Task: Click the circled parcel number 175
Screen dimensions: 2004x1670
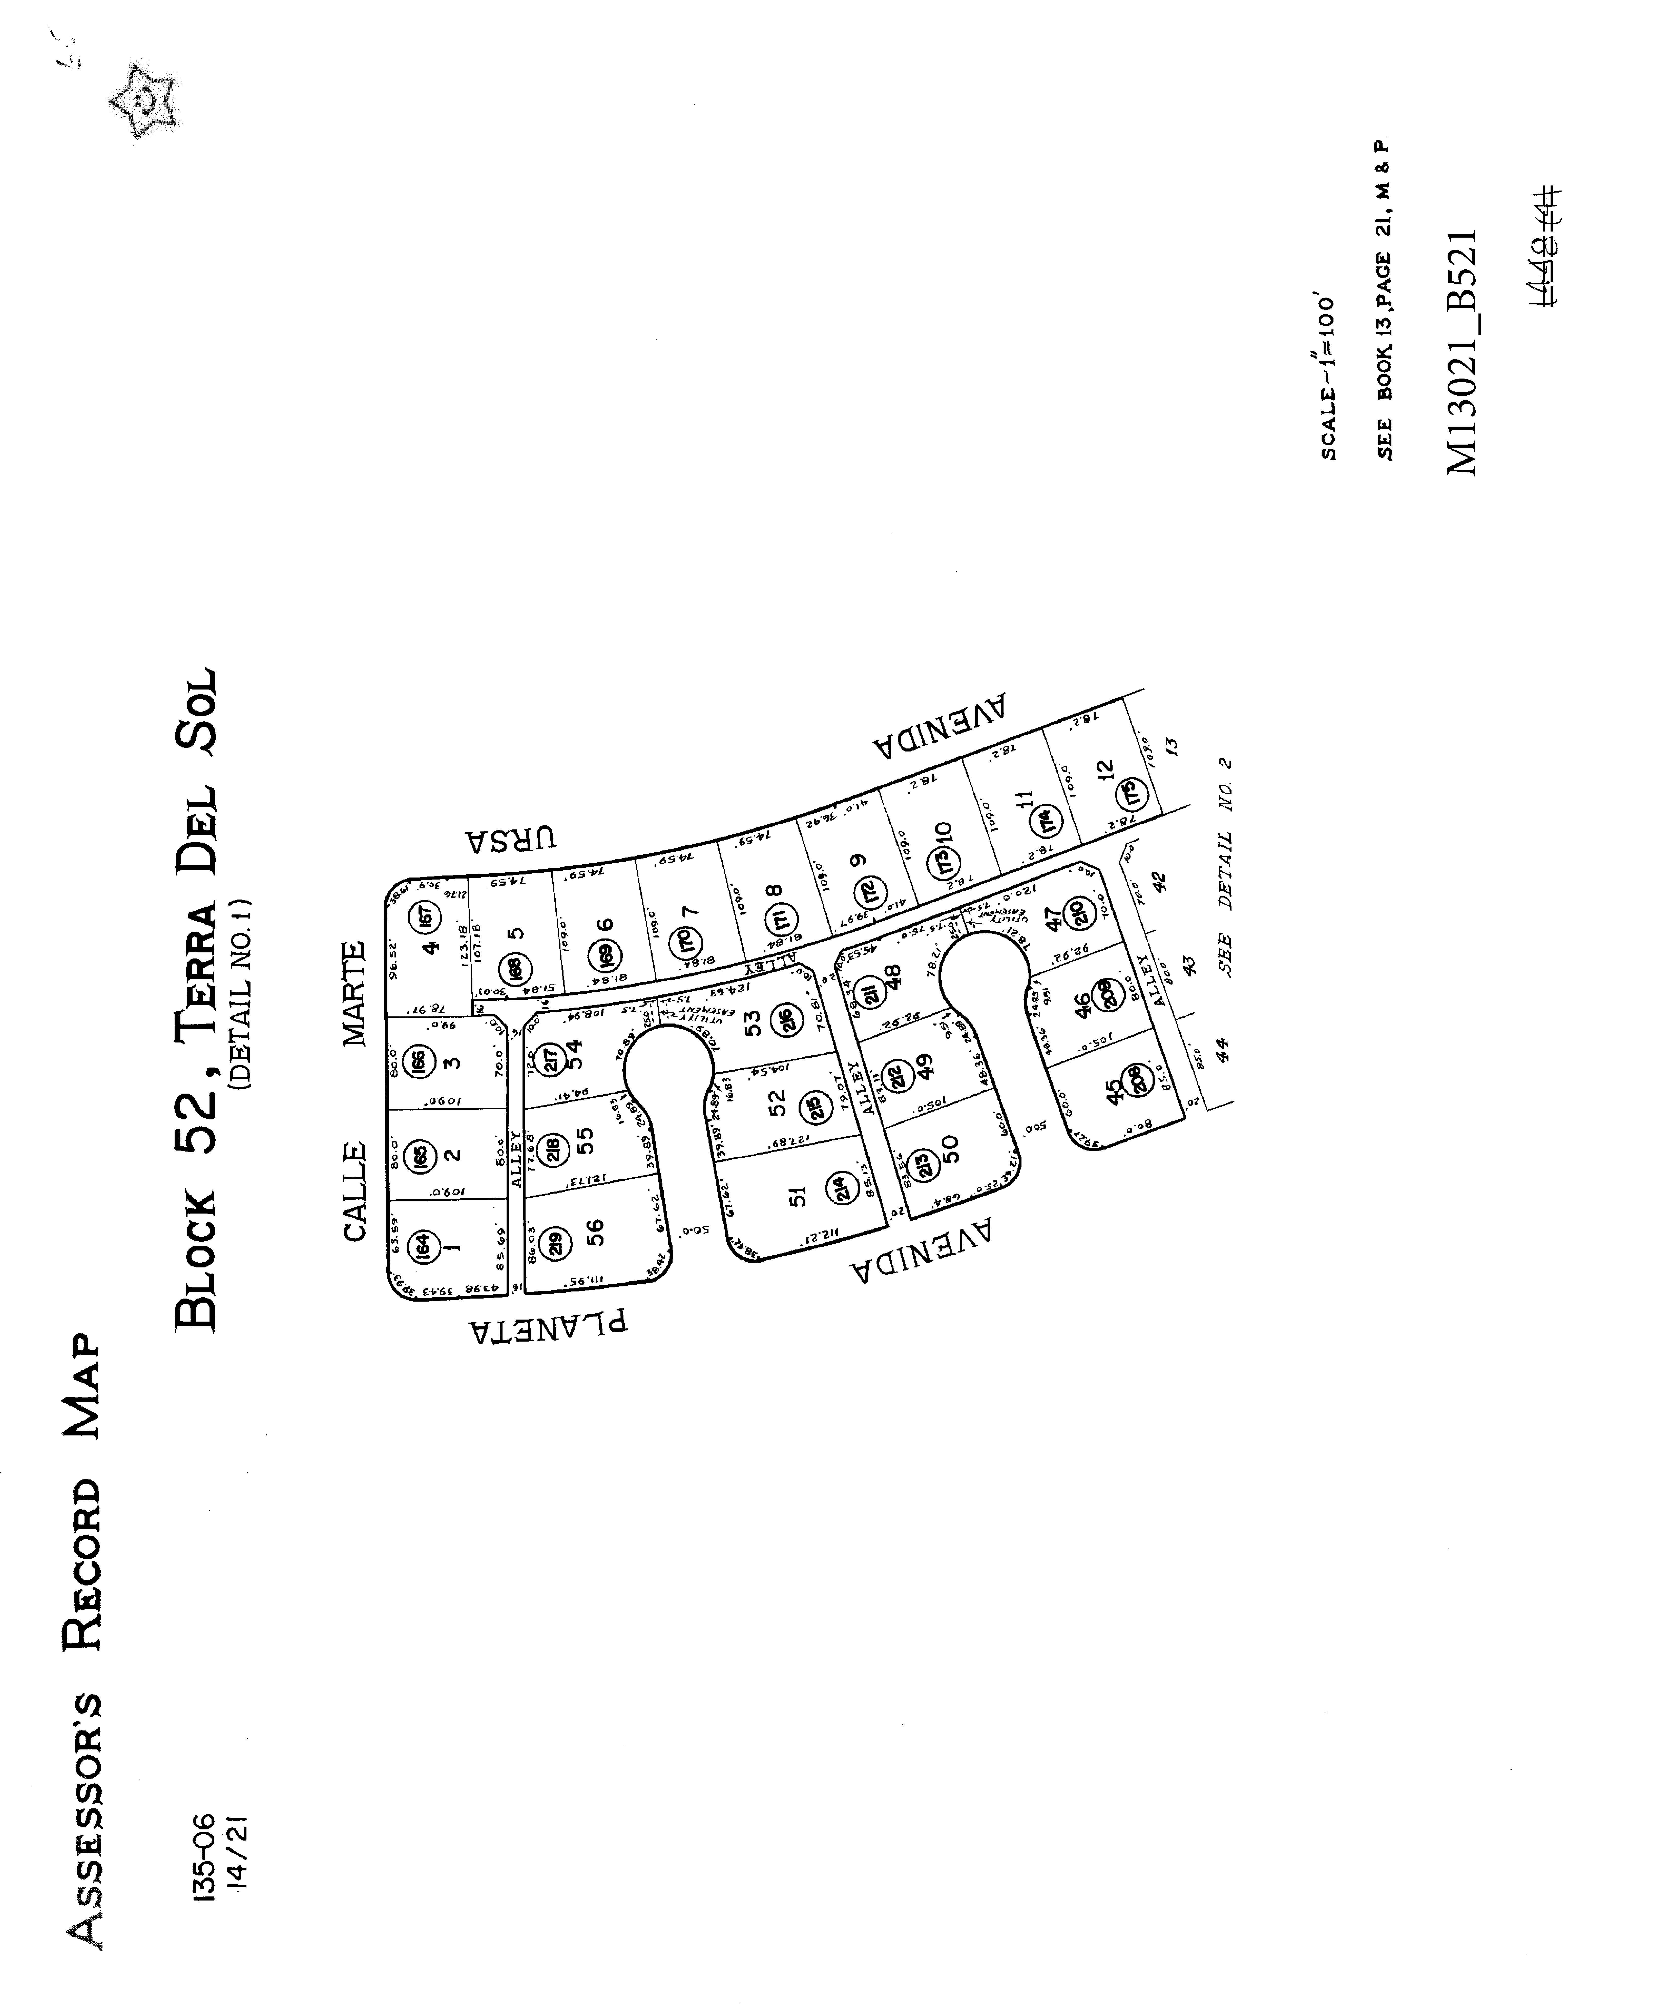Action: (1132, 792)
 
